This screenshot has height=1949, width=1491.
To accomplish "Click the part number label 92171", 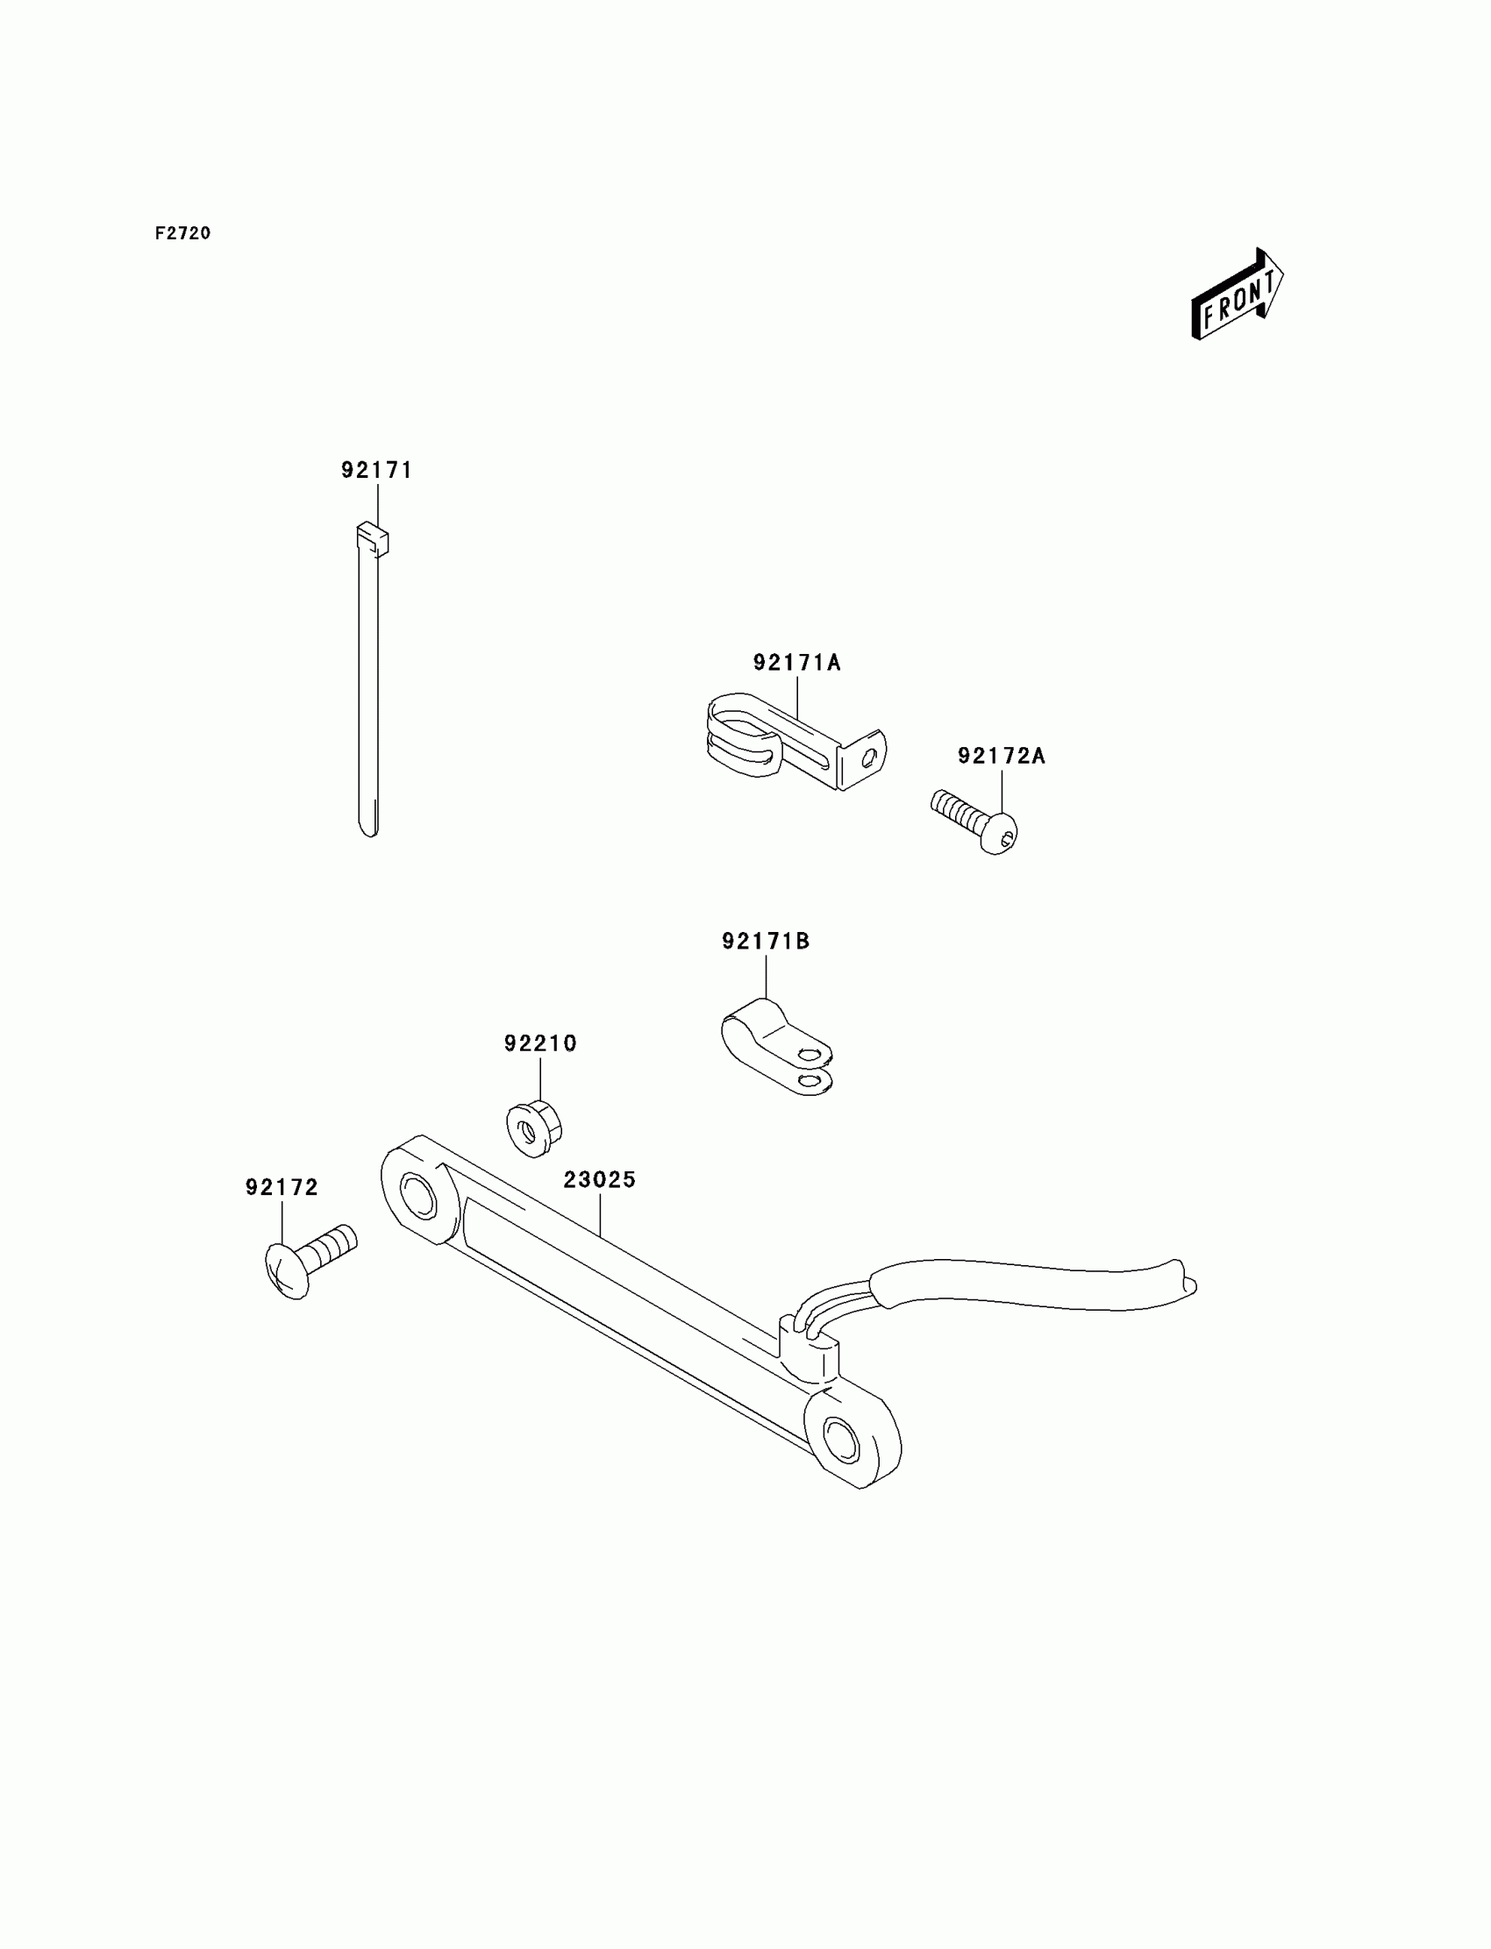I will pyautogui.click(x=377, y=470).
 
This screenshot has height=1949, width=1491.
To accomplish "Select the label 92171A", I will pyautogui.click(x=797, y=663).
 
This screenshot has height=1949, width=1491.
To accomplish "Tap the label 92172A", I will pyautogui.click(x=1001, y=757).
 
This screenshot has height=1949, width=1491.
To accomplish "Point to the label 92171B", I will pyautogui.click(x=766, y=942).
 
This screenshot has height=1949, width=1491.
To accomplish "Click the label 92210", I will pyautogui.click(x=540, y=1044).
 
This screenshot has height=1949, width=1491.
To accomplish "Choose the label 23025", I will pyautogui.click(x=600, y=1181).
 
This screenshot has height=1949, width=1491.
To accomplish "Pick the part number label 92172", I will pyautogui.click(x=282, y=1188).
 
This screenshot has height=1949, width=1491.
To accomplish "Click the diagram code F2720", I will pyautogui.click(x=182, y=233).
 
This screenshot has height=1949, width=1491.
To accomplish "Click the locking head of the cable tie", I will pyautogui.click(x=373, y=538).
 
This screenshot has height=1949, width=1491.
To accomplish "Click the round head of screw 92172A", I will pyautogui.click(x=999, y=833).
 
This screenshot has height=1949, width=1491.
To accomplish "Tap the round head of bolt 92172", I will pyautogui.click(x=288, y=1271).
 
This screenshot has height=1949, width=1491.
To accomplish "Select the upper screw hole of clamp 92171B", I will pyautogui.click(x=807, y=1056).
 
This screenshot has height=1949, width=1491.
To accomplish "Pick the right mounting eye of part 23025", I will pyautogui.click(x=840, y=1439).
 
